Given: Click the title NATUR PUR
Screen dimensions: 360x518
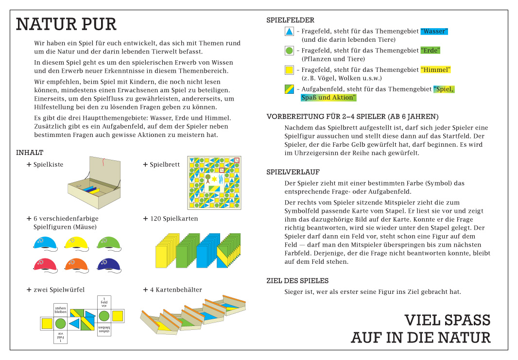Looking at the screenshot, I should tap(66, 24).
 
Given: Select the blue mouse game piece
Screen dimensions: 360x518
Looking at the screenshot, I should tap(45, 243).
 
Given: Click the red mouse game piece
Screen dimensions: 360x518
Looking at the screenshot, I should tap(45, 264).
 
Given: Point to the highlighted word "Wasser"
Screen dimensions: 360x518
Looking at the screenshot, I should tap(434, 31).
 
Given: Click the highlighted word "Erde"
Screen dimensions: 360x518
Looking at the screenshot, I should tap(430, 51).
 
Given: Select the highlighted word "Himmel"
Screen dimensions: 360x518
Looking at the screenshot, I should tap(435, 70).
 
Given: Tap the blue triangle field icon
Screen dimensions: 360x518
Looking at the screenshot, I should tap(289, 32).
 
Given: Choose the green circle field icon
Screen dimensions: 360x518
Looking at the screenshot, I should tap(289, 51).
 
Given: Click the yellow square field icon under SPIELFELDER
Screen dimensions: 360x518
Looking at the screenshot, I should tap(289, 70).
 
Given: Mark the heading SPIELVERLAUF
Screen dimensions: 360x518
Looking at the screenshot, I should tap(293, 172).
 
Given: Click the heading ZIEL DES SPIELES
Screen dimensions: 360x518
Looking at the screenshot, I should tap(297, 281).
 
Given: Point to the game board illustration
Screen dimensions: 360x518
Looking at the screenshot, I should tap(214, 183).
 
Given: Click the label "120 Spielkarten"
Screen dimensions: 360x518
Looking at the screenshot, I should tap(173, 219).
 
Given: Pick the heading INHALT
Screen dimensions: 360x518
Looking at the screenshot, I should tap(30, 153).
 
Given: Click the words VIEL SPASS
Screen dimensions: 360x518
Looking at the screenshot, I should tap(447, 321).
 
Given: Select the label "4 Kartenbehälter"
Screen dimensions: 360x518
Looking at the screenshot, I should tap(175, 290).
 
